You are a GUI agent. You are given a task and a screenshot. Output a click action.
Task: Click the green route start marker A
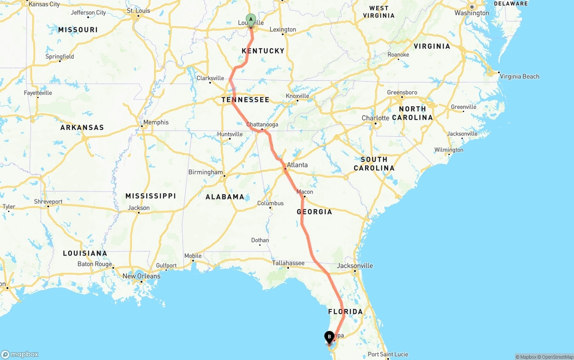(251, 20)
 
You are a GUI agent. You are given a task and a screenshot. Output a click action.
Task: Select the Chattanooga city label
(262, 125)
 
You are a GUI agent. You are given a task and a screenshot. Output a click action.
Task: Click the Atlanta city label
(297, 165)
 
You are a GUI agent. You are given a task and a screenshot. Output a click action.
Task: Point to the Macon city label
(305, 192)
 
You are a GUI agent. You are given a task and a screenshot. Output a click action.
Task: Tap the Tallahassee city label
(288, 263)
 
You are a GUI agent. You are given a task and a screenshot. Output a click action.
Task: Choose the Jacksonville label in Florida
(355, 266)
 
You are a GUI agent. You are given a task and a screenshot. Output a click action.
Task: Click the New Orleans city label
(141, 276)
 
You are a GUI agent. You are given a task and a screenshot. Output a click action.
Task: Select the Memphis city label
(156, 122)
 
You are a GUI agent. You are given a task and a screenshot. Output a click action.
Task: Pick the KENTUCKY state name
(263, 51)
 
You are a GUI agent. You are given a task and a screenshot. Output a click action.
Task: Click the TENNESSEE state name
(245, 100)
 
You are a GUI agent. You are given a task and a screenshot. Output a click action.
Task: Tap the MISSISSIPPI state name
(151, 196)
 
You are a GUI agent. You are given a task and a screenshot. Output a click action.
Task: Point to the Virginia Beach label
(519, 77)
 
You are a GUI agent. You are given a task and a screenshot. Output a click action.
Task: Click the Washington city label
(472, 13)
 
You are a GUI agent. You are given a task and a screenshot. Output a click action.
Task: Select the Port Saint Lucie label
(388, 355)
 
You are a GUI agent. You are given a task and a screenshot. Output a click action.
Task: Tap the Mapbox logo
(20, 354)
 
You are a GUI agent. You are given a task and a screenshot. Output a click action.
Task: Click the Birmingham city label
(205, 172)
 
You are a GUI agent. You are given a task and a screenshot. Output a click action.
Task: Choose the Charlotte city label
(375, 118)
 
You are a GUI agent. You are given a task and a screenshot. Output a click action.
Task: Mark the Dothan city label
(260, 240)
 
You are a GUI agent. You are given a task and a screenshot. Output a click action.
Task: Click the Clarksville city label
(210, 78)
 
